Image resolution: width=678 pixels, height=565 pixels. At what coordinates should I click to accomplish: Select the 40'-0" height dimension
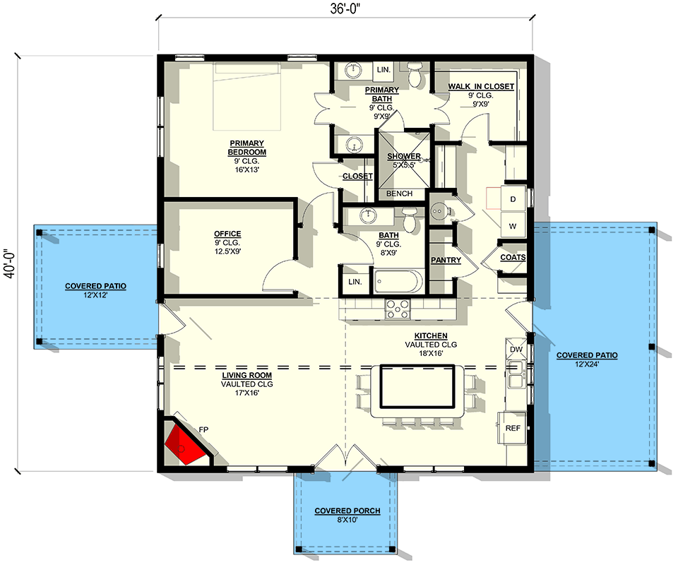click(9, 263)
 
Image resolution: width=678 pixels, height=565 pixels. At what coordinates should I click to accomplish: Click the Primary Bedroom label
click(246, 148)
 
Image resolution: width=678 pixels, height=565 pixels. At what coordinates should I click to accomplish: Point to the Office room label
click(227, 234)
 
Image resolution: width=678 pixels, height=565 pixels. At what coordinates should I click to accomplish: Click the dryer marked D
click(513, 200)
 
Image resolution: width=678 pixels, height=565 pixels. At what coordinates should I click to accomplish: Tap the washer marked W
click(513, 226)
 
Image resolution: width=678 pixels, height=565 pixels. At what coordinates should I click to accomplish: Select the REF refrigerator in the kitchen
click(513, 428)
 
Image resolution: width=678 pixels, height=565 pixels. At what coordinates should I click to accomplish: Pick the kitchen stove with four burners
click(397, 308)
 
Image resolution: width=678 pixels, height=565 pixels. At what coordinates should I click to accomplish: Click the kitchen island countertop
click(416, 386)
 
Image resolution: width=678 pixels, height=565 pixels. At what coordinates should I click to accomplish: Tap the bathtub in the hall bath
click(398, 282)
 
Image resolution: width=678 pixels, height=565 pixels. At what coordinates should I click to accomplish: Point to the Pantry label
click(446, 260)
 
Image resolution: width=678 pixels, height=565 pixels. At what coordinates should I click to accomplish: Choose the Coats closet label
click(513, 257)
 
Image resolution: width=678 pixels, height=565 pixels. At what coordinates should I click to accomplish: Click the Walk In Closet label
click(481, 86)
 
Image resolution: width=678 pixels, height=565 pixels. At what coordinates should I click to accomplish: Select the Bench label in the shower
click(399, 193)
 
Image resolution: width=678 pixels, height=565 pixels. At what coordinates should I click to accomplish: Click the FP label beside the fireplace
click(203, 429)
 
